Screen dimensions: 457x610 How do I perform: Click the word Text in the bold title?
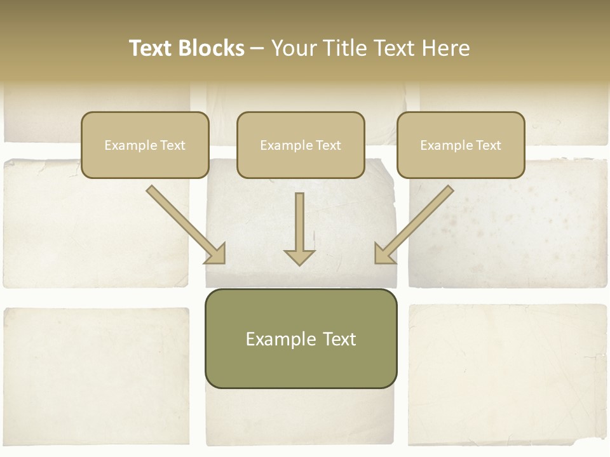[x=151, y=48]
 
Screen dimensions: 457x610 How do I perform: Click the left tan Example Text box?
[x=145, y=145]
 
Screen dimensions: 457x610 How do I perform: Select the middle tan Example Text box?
[x=301, y=145]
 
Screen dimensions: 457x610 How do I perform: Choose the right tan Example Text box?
[x=461, y=145]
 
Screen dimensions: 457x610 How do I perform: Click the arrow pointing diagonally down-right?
[x=184, y=223]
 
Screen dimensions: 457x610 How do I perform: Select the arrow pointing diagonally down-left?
[x=416, y=223]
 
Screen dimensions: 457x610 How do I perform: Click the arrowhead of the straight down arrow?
[x=299, y=256]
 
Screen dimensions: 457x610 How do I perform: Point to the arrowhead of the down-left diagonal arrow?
[x=383, y=253]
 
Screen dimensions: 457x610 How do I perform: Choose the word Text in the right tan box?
[x=488, y=145]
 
